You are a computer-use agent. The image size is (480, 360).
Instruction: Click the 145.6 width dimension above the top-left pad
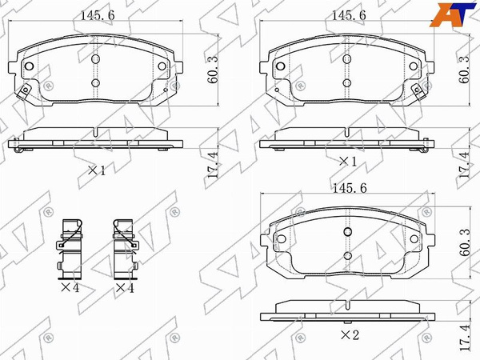tap(98, 15)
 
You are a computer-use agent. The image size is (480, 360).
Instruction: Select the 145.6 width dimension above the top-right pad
tap(349, 15)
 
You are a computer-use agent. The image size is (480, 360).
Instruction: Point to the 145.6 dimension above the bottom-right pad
tap(350, 188)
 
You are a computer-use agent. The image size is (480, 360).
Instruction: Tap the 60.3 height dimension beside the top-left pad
tap(213, 70)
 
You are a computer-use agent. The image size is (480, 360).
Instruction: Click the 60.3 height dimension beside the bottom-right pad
tap(464, 242)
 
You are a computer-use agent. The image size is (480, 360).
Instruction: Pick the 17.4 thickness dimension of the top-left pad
tap(213, 165)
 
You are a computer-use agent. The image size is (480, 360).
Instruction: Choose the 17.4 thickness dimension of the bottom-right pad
tap(464, 338)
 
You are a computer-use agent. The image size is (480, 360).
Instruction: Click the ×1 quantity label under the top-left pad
tap(97, 170)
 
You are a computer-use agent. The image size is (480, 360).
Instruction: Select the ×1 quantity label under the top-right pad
tap(348, 162)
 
